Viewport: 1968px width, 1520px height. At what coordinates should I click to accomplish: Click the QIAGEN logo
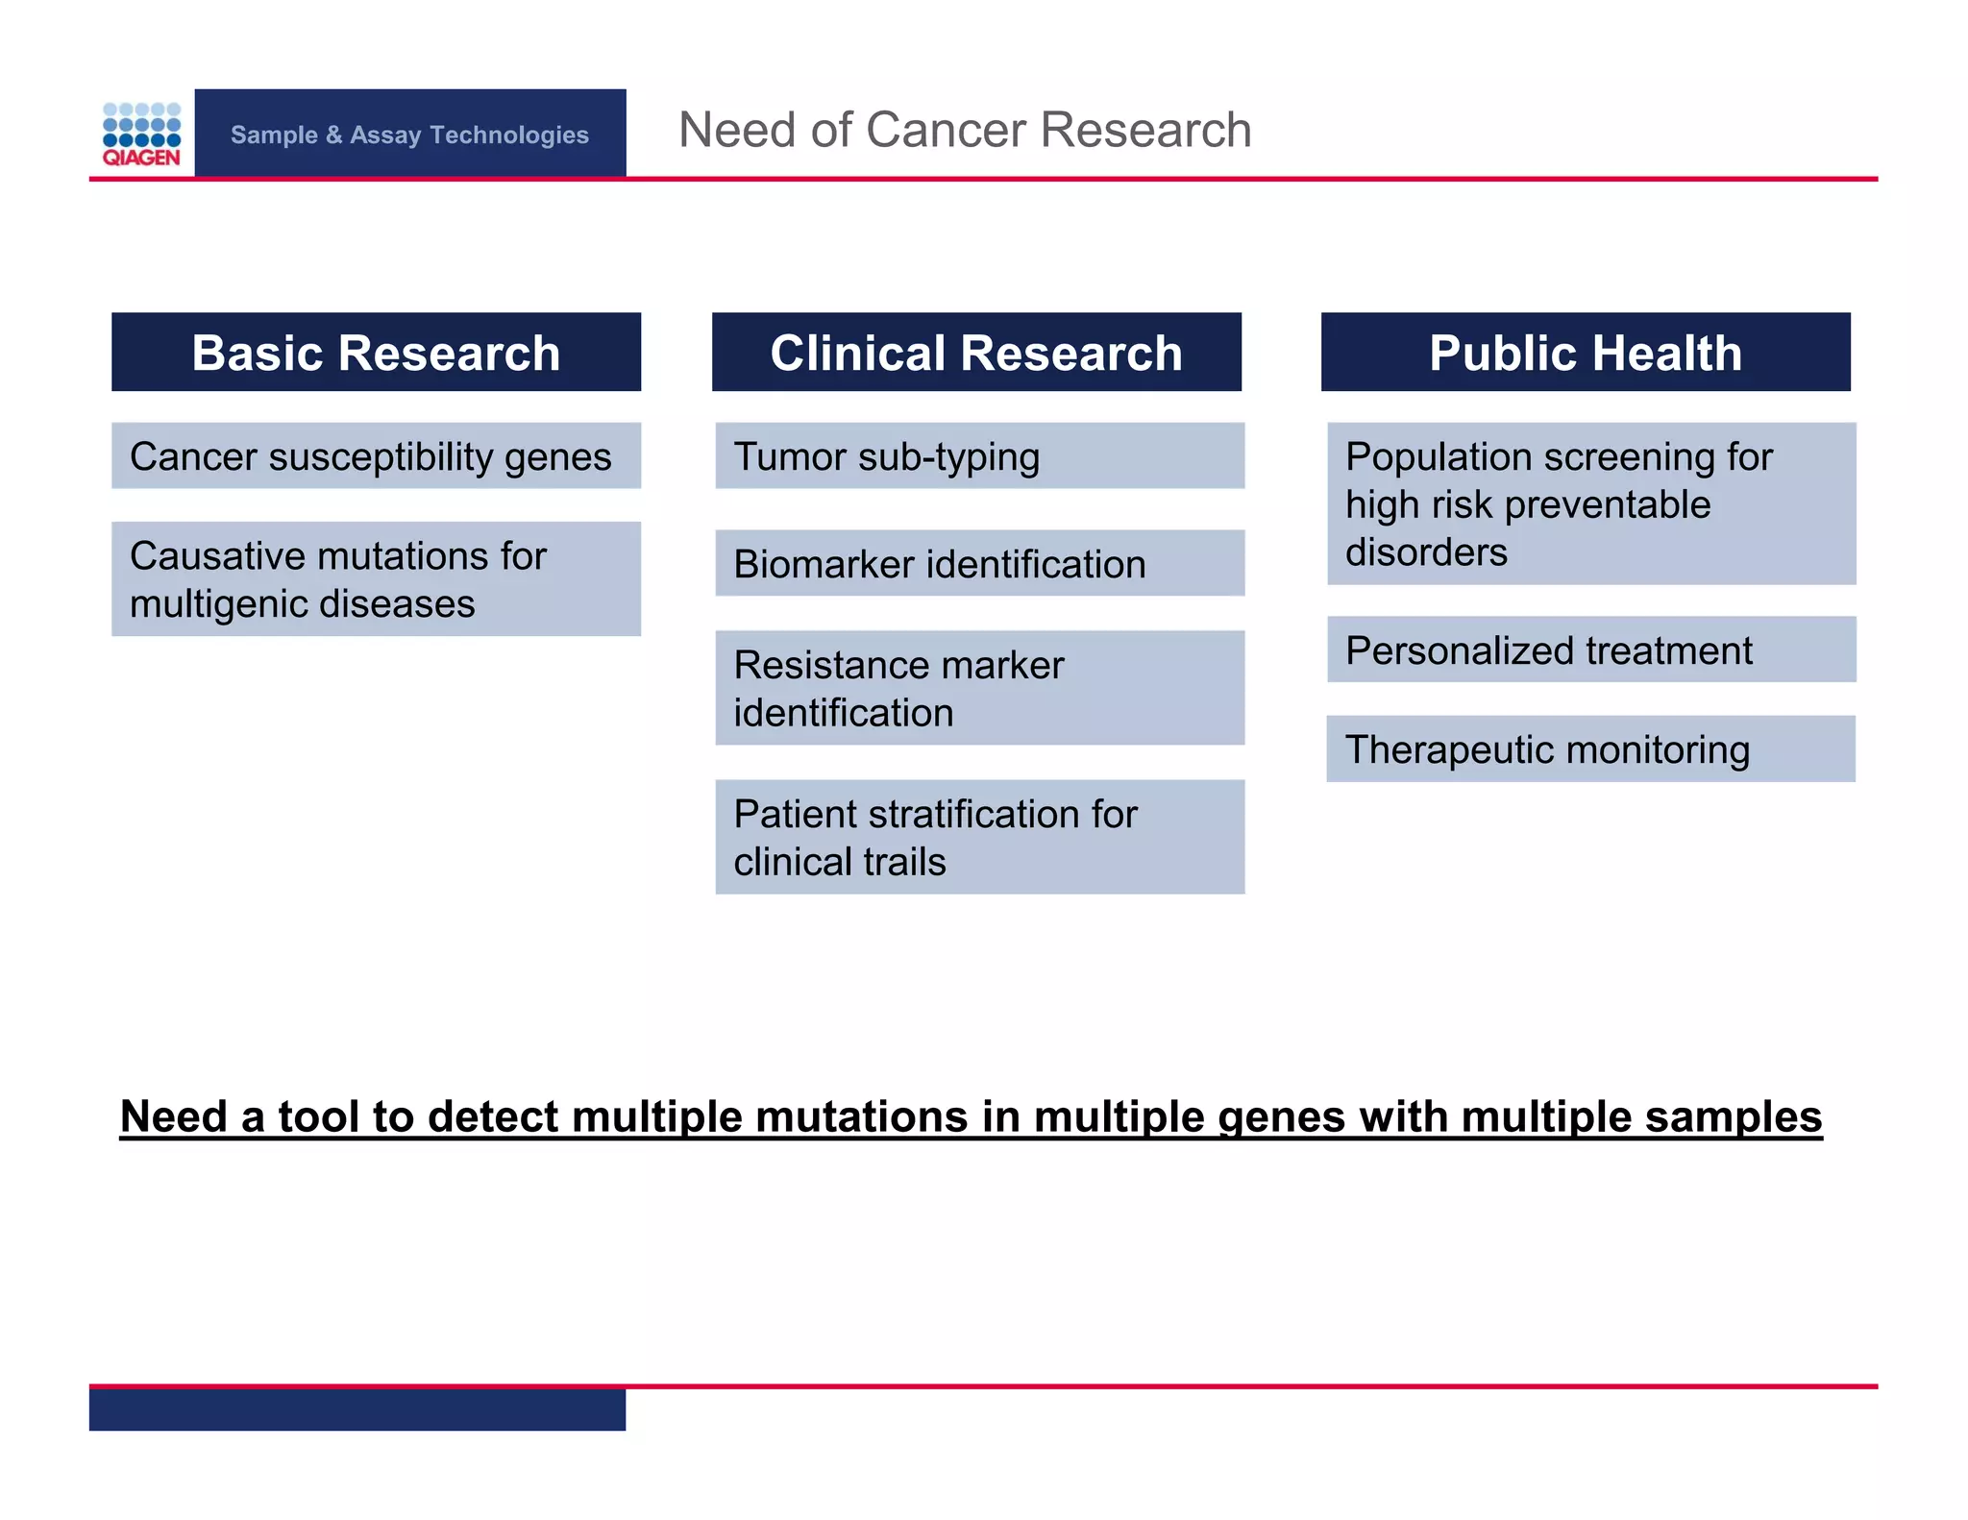pos(141,135)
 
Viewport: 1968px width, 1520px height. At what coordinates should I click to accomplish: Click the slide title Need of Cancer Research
pos(965,130)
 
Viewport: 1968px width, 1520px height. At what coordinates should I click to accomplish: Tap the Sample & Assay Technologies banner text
pos(409,135)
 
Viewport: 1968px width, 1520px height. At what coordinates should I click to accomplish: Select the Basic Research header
pos(376,353)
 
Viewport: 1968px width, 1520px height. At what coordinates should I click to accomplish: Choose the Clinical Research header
pos(976,353)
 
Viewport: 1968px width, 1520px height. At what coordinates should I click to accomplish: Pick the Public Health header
pos(1586,353)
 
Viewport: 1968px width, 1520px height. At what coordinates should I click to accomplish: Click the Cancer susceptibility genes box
pos(376,456)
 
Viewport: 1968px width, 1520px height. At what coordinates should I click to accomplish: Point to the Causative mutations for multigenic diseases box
pos(376,579)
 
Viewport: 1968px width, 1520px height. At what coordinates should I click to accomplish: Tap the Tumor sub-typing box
pos(979,456)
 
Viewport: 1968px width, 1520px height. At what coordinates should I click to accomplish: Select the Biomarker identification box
pos(979,564)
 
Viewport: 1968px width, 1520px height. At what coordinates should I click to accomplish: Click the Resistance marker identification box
pos(979,688)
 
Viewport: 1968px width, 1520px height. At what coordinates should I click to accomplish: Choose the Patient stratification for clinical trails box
pos(979,837)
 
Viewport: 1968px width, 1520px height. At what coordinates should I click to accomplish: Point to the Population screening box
pos(1591,504)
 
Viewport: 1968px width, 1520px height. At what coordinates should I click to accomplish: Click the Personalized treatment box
pos(1591,650)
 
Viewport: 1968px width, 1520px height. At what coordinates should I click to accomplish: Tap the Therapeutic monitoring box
pos(1590,749)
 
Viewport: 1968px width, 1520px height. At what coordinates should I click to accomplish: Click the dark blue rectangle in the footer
pos(357,1410)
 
